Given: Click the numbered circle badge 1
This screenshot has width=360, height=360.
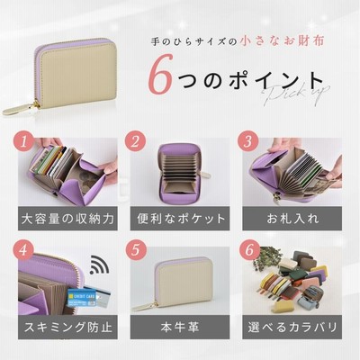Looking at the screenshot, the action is pos(24,141).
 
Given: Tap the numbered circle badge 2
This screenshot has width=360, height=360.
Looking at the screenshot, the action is pos(136,141).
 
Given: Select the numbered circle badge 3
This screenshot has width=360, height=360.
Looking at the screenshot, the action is pos(248,141).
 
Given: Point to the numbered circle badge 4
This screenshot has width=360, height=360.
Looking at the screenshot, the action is pos(24,250).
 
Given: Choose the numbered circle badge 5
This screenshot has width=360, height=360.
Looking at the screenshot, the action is pos(136,250).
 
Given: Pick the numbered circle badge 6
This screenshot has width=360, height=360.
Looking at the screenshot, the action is pos(248,250).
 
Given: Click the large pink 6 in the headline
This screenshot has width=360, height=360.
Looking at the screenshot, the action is pos(161,74).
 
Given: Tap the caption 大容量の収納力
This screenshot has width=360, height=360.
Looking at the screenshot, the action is pos(67,219).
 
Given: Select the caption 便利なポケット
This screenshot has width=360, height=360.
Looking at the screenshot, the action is pos(181,219).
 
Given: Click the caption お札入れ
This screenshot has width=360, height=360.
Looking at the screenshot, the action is pos(292,219).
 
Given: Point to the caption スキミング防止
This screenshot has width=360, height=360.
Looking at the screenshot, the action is pos(68,327).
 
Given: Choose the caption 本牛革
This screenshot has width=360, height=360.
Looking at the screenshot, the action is pos(180,327).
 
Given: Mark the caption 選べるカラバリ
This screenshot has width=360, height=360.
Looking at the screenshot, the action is pos(292,327).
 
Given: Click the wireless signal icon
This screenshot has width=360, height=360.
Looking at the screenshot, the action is pos(100,265).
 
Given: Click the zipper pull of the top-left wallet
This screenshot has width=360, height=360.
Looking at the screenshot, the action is pos(20,109).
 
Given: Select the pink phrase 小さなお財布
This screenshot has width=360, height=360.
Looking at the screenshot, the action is pos(283,41).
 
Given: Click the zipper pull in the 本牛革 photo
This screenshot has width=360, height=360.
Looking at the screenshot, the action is pos(145,307).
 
